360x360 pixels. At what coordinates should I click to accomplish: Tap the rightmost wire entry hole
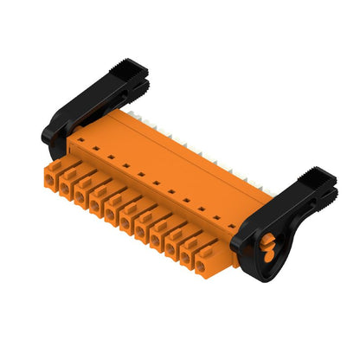[x=202, y=267]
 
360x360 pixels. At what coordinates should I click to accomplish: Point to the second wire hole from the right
[x=187, y=259]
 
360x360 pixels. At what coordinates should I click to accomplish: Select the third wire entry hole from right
[x=171, y=250]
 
